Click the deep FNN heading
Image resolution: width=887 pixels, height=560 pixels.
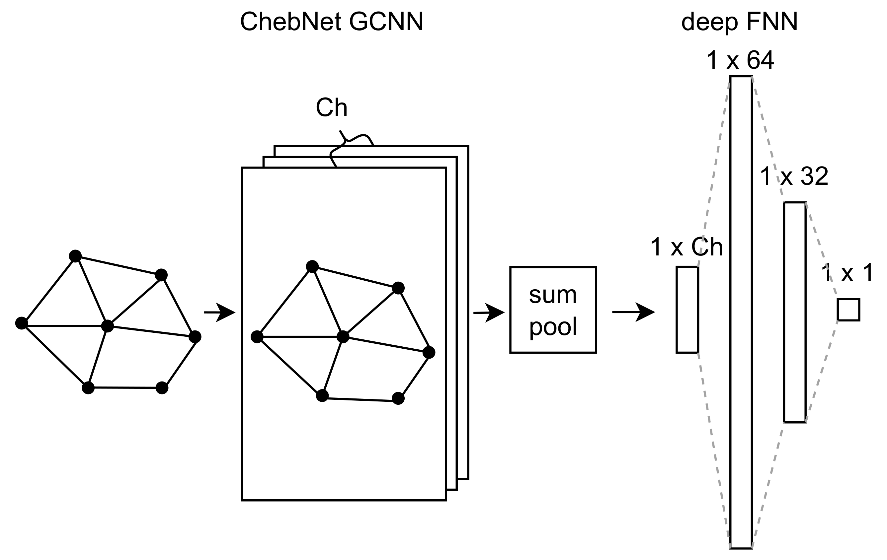tap(739, 22)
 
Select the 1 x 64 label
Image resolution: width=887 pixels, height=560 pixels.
tap(740, 60)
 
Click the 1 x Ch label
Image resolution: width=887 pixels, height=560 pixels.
tap(686, 247)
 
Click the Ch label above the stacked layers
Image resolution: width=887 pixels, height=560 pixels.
tap(332, 108)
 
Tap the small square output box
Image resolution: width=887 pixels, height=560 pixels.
tap(848, 310)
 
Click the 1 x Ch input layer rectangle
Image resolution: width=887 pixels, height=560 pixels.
tap(687, 310)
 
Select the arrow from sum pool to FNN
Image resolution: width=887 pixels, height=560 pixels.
tap(633, 312)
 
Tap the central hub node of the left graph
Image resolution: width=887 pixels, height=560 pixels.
tap(107, 326)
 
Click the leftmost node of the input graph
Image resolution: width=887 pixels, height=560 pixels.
tap(21, 323)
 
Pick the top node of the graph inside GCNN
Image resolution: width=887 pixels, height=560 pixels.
tap(312, 266)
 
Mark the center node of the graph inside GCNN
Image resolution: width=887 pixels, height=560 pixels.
tap(343, 336)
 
